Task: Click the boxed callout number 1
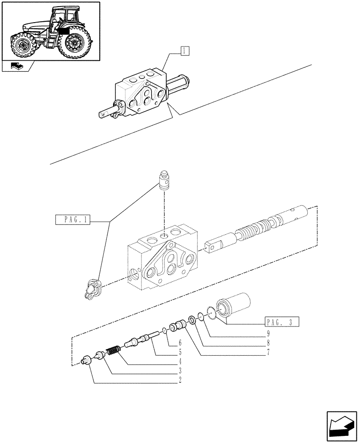(x=185, y=51)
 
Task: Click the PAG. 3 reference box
(x=281, y=322)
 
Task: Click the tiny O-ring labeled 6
(x=164, y=330)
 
